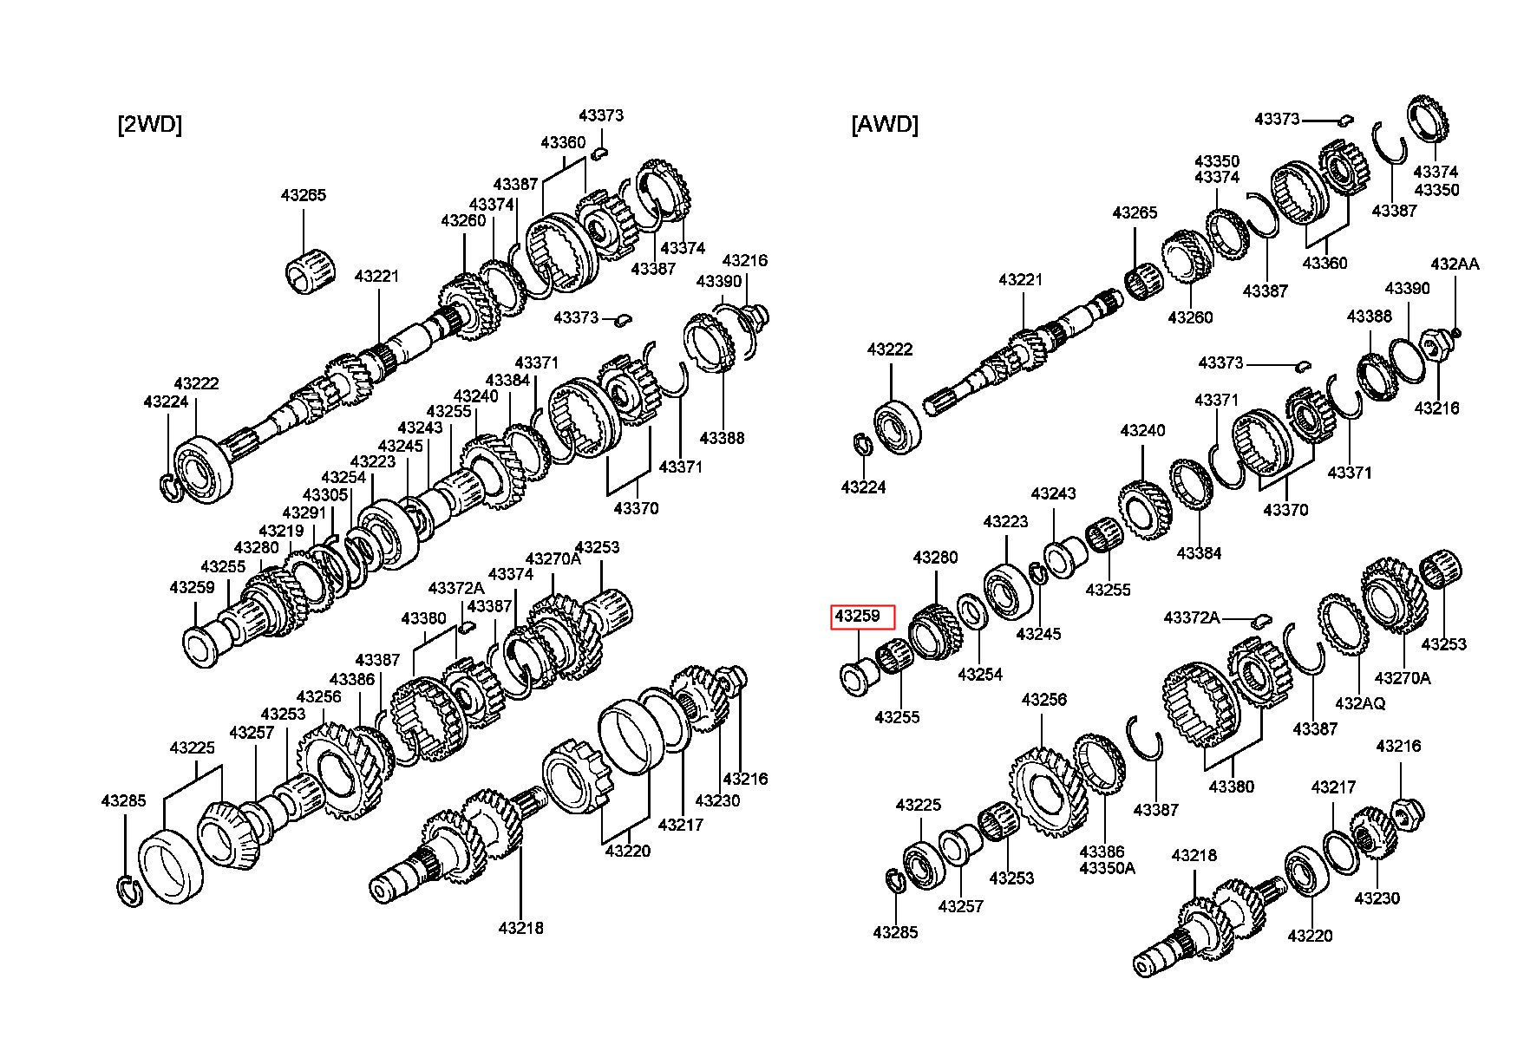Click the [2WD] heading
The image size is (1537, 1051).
(149, 125)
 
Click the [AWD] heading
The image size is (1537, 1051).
(884, 125)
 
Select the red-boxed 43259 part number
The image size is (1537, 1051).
(857, 617)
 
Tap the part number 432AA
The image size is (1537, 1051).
(1455, 264)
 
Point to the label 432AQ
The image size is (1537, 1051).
(1360, 702)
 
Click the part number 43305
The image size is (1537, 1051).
(325, 495)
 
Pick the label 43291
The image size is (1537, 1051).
(304, 513)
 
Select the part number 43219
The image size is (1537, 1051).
(281, 531)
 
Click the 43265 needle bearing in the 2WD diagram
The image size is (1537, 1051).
(304, 270)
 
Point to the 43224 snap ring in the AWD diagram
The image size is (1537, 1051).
(862, 445)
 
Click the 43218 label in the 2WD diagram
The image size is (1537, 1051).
(520, 928)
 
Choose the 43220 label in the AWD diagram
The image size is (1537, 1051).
(1310, 936)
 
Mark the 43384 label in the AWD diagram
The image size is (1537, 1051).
(1199, 552)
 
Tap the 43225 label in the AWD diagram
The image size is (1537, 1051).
(919, 805)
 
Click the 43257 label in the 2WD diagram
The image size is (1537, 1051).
(252, 733)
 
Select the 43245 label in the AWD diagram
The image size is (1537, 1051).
(1038, 634)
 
